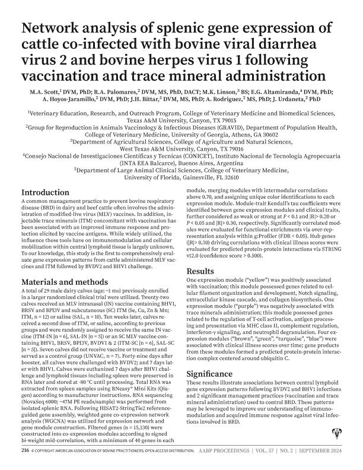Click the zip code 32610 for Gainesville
click(x=228, y=177)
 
